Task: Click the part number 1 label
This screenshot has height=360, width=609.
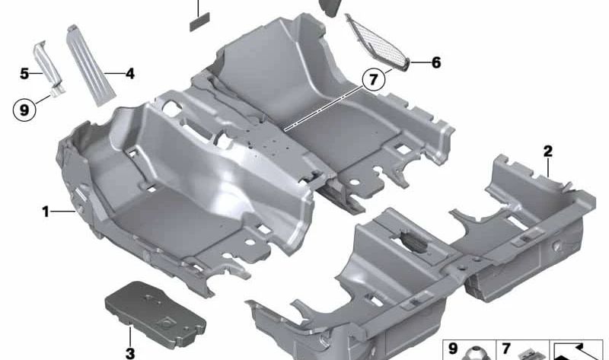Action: (x=46, y=212)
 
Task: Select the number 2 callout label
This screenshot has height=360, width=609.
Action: (x=547, y=151)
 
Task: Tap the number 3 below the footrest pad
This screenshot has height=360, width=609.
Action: (x=130, y=353)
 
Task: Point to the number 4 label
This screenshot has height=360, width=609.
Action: (x=129, y=73)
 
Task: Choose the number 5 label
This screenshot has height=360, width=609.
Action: (x=24, y=73)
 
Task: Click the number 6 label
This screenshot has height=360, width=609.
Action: (x=436, y=62)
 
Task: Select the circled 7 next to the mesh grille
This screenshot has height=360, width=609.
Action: (x=373, y=80)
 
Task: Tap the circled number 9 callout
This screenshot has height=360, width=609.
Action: (x=24, y=110)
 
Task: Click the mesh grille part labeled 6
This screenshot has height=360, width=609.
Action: (x=378, y=43)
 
